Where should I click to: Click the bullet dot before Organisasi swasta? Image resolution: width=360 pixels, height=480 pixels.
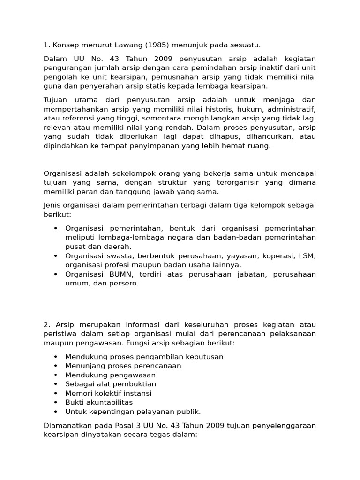tap(55, 256)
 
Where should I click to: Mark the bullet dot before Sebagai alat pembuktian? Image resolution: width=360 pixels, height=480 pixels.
tap(55, 384)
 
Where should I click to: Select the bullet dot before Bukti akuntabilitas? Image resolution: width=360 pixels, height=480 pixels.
tap(55, 403)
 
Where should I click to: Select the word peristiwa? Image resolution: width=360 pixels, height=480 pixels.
tap(60, 334)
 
